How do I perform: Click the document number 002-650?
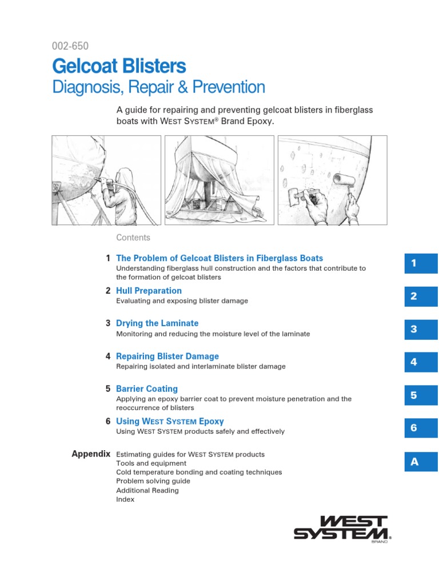point(70,46)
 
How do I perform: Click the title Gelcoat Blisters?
point(119,66)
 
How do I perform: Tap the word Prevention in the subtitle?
point(229,87)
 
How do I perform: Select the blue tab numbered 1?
point(421,263)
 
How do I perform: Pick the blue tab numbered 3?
point(421,330)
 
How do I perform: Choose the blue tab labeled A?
point(421,462)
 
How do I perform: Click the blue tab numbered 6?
point(421,428)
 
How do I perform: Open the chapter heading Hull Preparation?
point(149,291)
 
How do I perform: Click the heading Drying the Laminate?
point(157,323)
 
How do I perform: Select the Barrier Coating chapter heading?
point(147,388)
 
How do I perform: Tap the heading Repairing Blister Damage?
point(167,356)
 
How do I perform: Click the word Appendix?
point(91,454)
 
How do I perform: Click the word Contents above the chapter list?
point(133,238)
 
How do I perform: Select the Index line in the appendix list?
point(125,499)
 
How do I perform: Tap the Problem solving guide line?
point(153,481)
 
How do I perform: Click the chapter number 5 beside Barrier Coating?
point(108,388)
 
